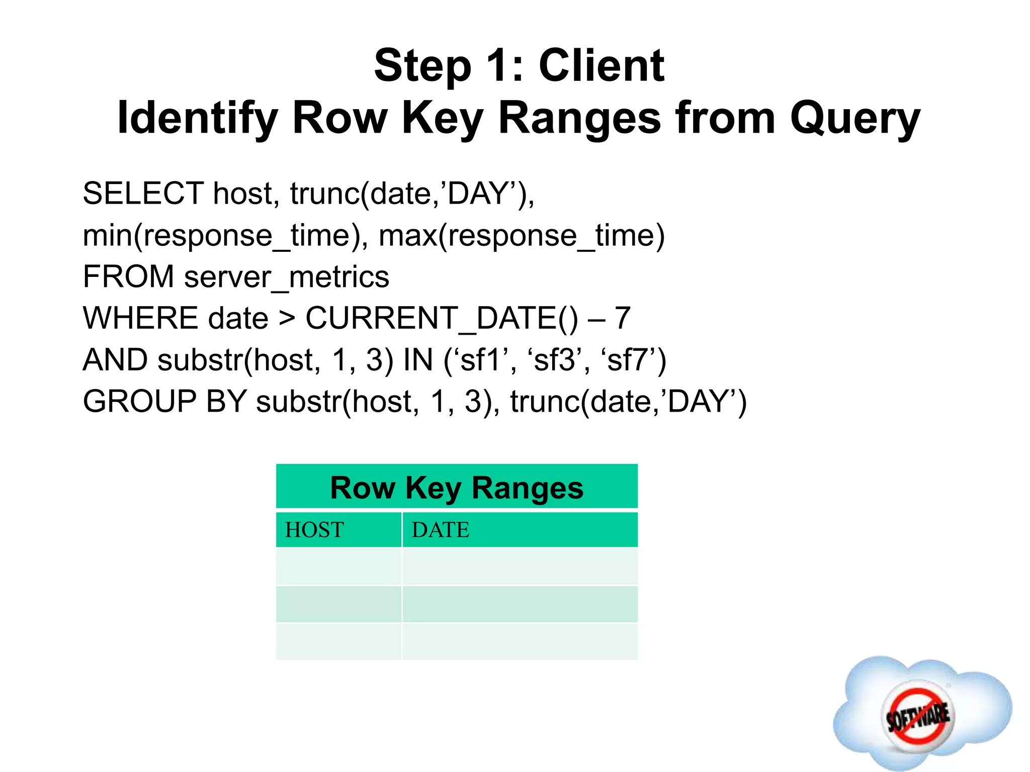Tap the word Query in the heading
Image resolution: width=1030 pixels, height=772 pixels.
click(x=855, y=119)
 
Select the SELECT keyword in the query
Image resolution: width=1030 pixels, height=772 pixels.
click(x=143, y=194)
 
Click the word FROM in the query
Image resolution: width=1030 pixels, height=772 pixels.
click(x=128, y=277)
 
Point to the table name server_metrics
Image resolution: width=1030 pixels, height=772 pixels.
click(x=287, y=277)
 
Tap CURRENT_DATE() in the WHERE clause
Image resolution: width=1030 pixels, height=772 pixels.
click(x=442, y=319)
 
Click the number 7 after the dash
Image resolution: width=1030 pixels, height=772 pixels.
click(x=623, y=319)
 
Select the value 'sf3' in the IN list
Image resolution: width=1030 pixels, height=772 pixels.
click(x=554, y=360)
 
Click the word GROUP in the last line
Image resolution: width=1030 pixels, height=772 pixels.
click(x=139, y=402)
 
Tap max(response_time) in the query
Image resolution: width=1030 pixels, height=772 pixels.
click(x=521, y=235)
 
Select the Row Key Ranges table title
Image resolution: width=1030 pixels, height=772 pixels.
click(x=457, y=488)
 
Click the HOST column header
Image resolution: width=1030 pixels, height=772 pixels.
click(x=315, y=530)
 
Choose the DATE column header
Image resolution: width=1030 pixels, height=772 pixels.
click(x=441, y=530)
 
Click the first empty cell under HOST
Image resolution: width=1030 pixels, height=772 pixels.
click(x=338, y=566)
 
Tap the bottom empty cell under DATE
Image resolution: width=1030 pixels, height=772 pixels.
click(x=520, y=641)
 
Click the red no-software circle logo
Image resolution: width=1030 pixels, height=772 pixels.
click(x=918, y=716)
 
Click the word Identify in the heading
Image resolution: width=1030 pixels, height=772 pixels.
click(x=197, y=119)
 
